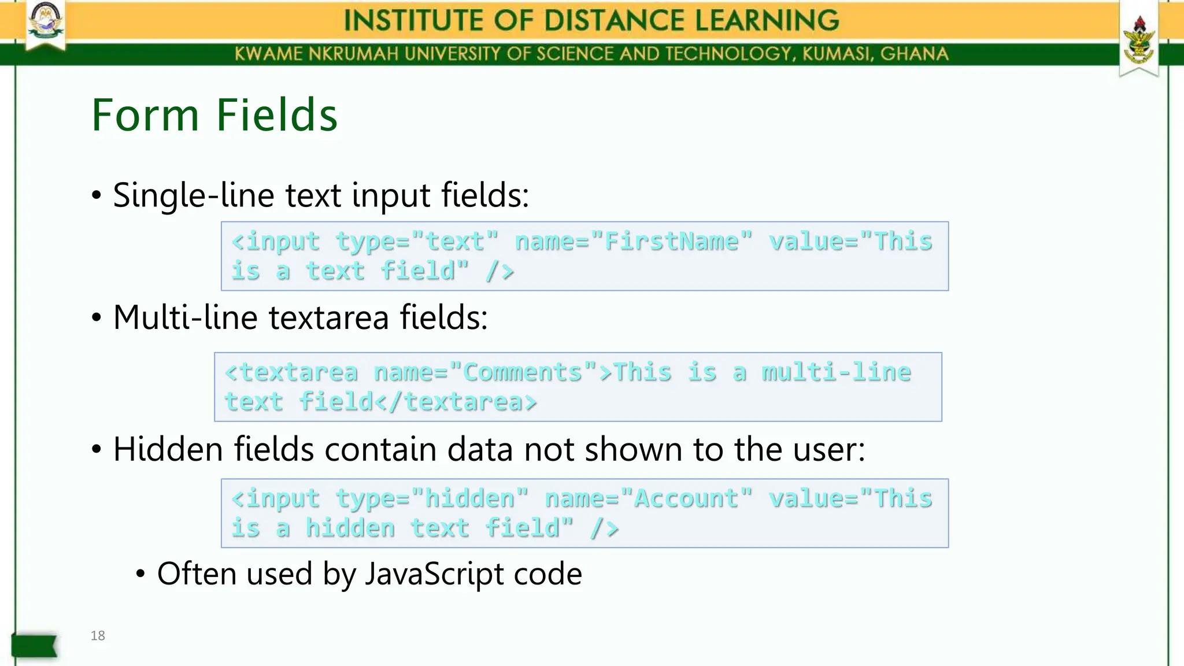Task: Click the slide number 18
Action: pos(98,635)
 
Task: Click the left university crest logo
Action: pos(46,23)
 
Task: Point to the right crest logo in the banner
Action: pos(1138,40)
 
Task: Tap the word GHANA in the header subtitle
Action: pos(914,54)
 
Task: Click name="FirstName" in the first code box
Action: pos(634,241)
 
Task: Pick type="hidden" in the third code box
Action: pos(432,498)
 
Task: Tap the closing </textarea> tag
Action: pos(456,401)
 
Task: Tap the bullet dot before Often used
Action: pos(140,574)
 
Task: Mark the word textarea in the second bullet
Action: pos(328,317)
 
